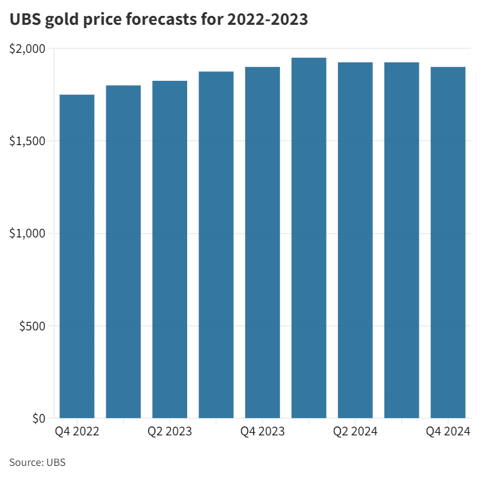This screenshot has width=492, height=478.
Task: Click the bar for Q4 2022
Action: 77,257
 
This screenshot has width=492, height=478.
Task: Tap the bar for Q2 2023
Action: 170,250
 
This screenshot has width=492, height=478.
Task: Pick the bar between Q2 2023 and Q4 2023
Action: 216,245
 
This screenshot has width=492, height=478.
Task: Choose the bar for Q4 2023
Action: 262,243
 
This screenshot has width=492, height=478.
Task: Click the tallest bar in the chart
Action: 309,238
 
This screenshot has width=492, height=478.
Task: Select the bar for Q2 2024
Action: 355,241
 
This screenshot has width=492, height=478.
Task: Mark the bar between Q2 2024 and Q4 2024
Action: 402,241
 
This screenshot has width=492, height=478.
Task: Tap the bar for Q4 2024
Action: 448,243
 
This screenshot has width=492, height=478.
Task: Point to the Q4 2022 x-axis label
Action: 77,432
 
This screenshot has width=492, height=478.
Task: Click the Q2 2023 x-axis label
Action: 170,432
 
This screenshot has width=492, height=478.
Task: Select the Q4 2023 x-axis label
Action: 262,432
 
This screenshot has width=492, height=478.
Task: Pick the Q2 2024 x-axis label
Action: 355,432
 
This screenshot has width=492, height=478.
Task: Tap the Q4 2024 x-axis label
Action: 448,432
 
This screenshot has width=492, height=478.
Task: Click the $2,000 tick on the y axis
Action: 27,48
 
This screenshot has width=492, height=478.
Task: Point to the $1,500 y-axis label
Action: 27,141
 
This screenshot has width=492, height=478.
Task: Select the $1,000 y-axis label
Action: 27,234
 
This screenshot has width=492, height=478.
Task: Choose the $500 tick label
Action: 32,326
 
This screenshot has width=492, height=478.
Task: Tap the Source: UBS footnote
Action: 38,462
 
